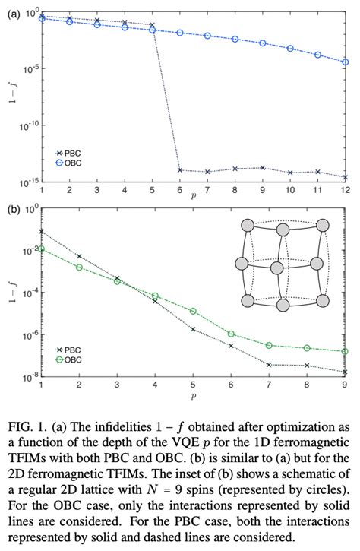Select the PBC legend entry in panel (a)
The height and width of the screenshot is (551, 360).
tap(67, 153)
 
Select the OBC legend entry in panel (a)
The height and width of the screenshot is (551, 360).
tap(67, 163)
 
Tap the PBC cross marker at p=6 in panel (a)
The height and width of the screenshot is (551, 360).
tap(179, 170)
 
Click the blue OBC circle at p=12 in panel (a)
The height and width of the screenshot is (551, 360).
tap(346, 62)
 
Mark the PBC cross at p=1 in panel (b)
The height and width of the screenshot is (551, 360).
tap(41, 231)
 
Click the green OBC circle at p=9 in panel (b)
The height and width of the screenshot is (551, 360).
tap(346, 352)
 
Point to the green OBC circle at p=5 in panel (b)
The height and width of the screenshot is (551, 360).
tap(193, 312)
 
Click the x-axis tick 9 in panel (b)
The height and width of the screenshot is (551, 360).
tap(346, 385)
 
